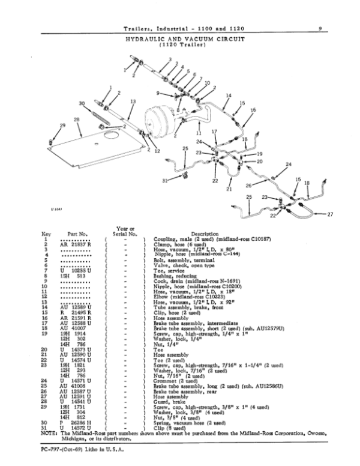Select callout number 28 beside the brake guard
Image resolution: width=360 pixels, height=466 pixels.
[x=76, y=120]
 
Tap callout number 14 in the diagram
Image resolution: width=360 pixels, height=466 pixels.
[x=229, y=95]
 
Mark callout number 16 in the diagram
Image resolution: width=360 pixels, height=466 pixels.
[x=253, y=110]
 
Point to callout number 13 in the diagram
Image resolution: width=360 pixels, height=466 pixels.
[x=133, y=101]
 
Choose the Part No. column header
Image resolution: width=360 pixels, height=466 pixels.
[x=78, y=234]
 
